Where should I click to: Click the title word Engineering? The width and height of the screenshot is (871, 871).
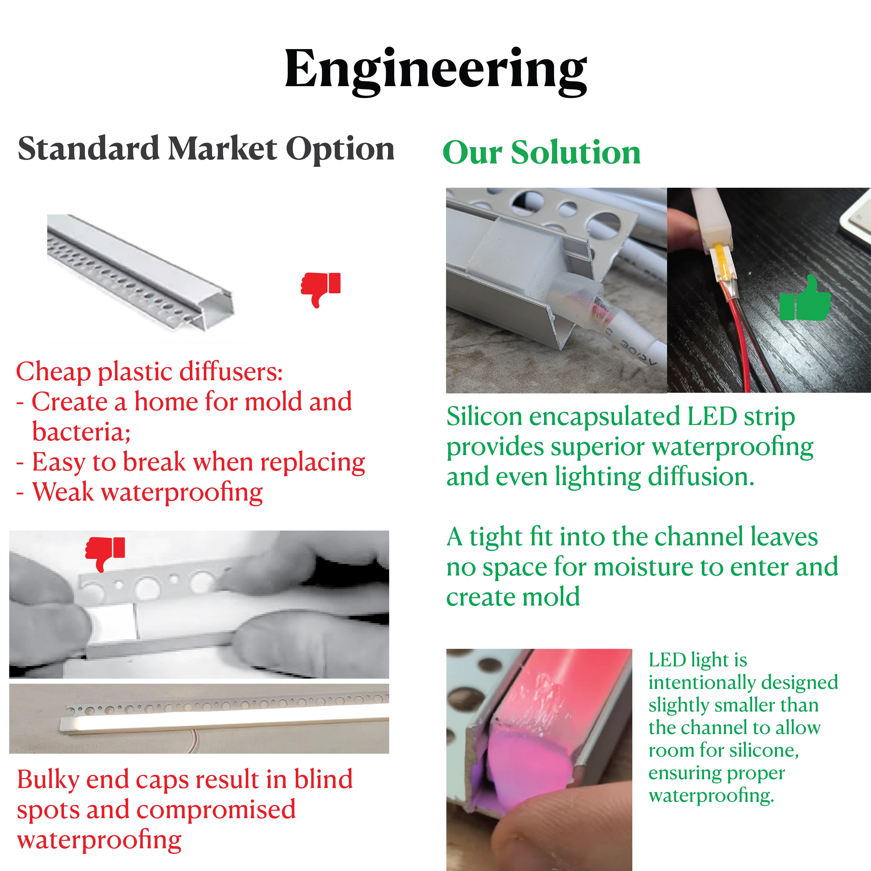tap(435, 70)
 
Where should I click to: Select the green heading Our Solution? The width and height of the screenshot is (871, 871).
tap(541, 152)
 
